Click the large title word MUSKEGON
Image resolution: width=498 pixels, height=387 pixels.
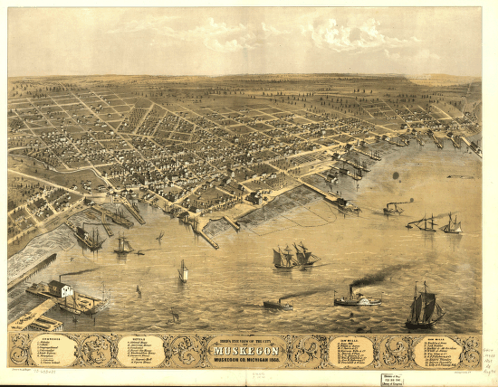pos(249,350)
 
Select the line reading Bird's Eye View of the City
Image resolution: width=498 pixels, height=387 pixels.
pos(248,341)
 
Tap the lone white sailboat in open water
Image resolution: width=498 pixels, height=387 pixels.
pos(183,270)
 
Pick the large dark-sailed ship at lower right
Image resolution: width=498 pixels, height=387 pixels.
pos(423,307)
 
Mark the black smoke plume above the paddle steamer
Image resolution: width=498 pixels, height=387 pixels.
pos(380,276)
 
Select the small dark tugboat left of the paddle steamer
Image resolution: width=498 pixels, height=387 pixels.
pos(278,305)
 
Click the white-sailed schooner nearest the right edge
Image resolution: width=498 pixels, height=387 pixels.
pos(451,224)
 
